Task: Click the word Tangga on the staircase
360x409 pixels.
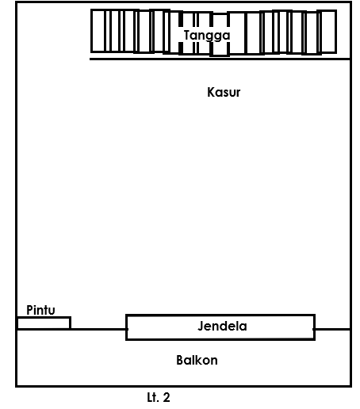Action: (x=207, y=35)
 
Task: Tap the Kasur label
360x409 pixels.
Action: (x=224, y=93)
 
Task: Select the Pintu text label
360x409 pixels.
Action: (x=40, y=309)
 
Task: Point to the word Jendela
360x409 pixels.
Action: (x=222, y=326)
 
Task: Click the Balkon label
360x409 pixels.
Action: (x=197, y=360)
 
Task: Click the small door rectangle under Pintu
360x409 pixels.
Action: (x=44, y=323)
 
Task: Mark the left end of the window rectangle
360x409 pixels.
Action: (x=127, y=327)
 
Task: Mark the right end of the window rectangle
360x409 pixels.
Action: (x=314, y=327)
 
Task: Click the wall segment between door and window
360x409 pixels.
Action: (x=98, y=329)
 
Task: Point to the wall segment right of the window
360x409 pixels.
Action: (x=332, y=329)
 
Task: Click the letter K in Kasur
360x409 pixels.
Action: (x=211, y=93)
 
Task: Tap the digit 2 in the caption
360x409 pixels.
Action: (x=166, y=397)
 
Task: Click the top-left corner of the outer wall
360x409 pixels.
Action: (x=17, y=4)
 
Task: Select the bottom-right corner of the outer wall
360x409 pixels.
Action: (x=350, y=386)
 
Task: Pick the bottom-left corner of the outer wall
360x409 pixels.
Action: (x=17, y=386)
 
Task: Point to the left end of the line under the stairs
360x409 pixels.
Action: (x=90, y=59)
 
